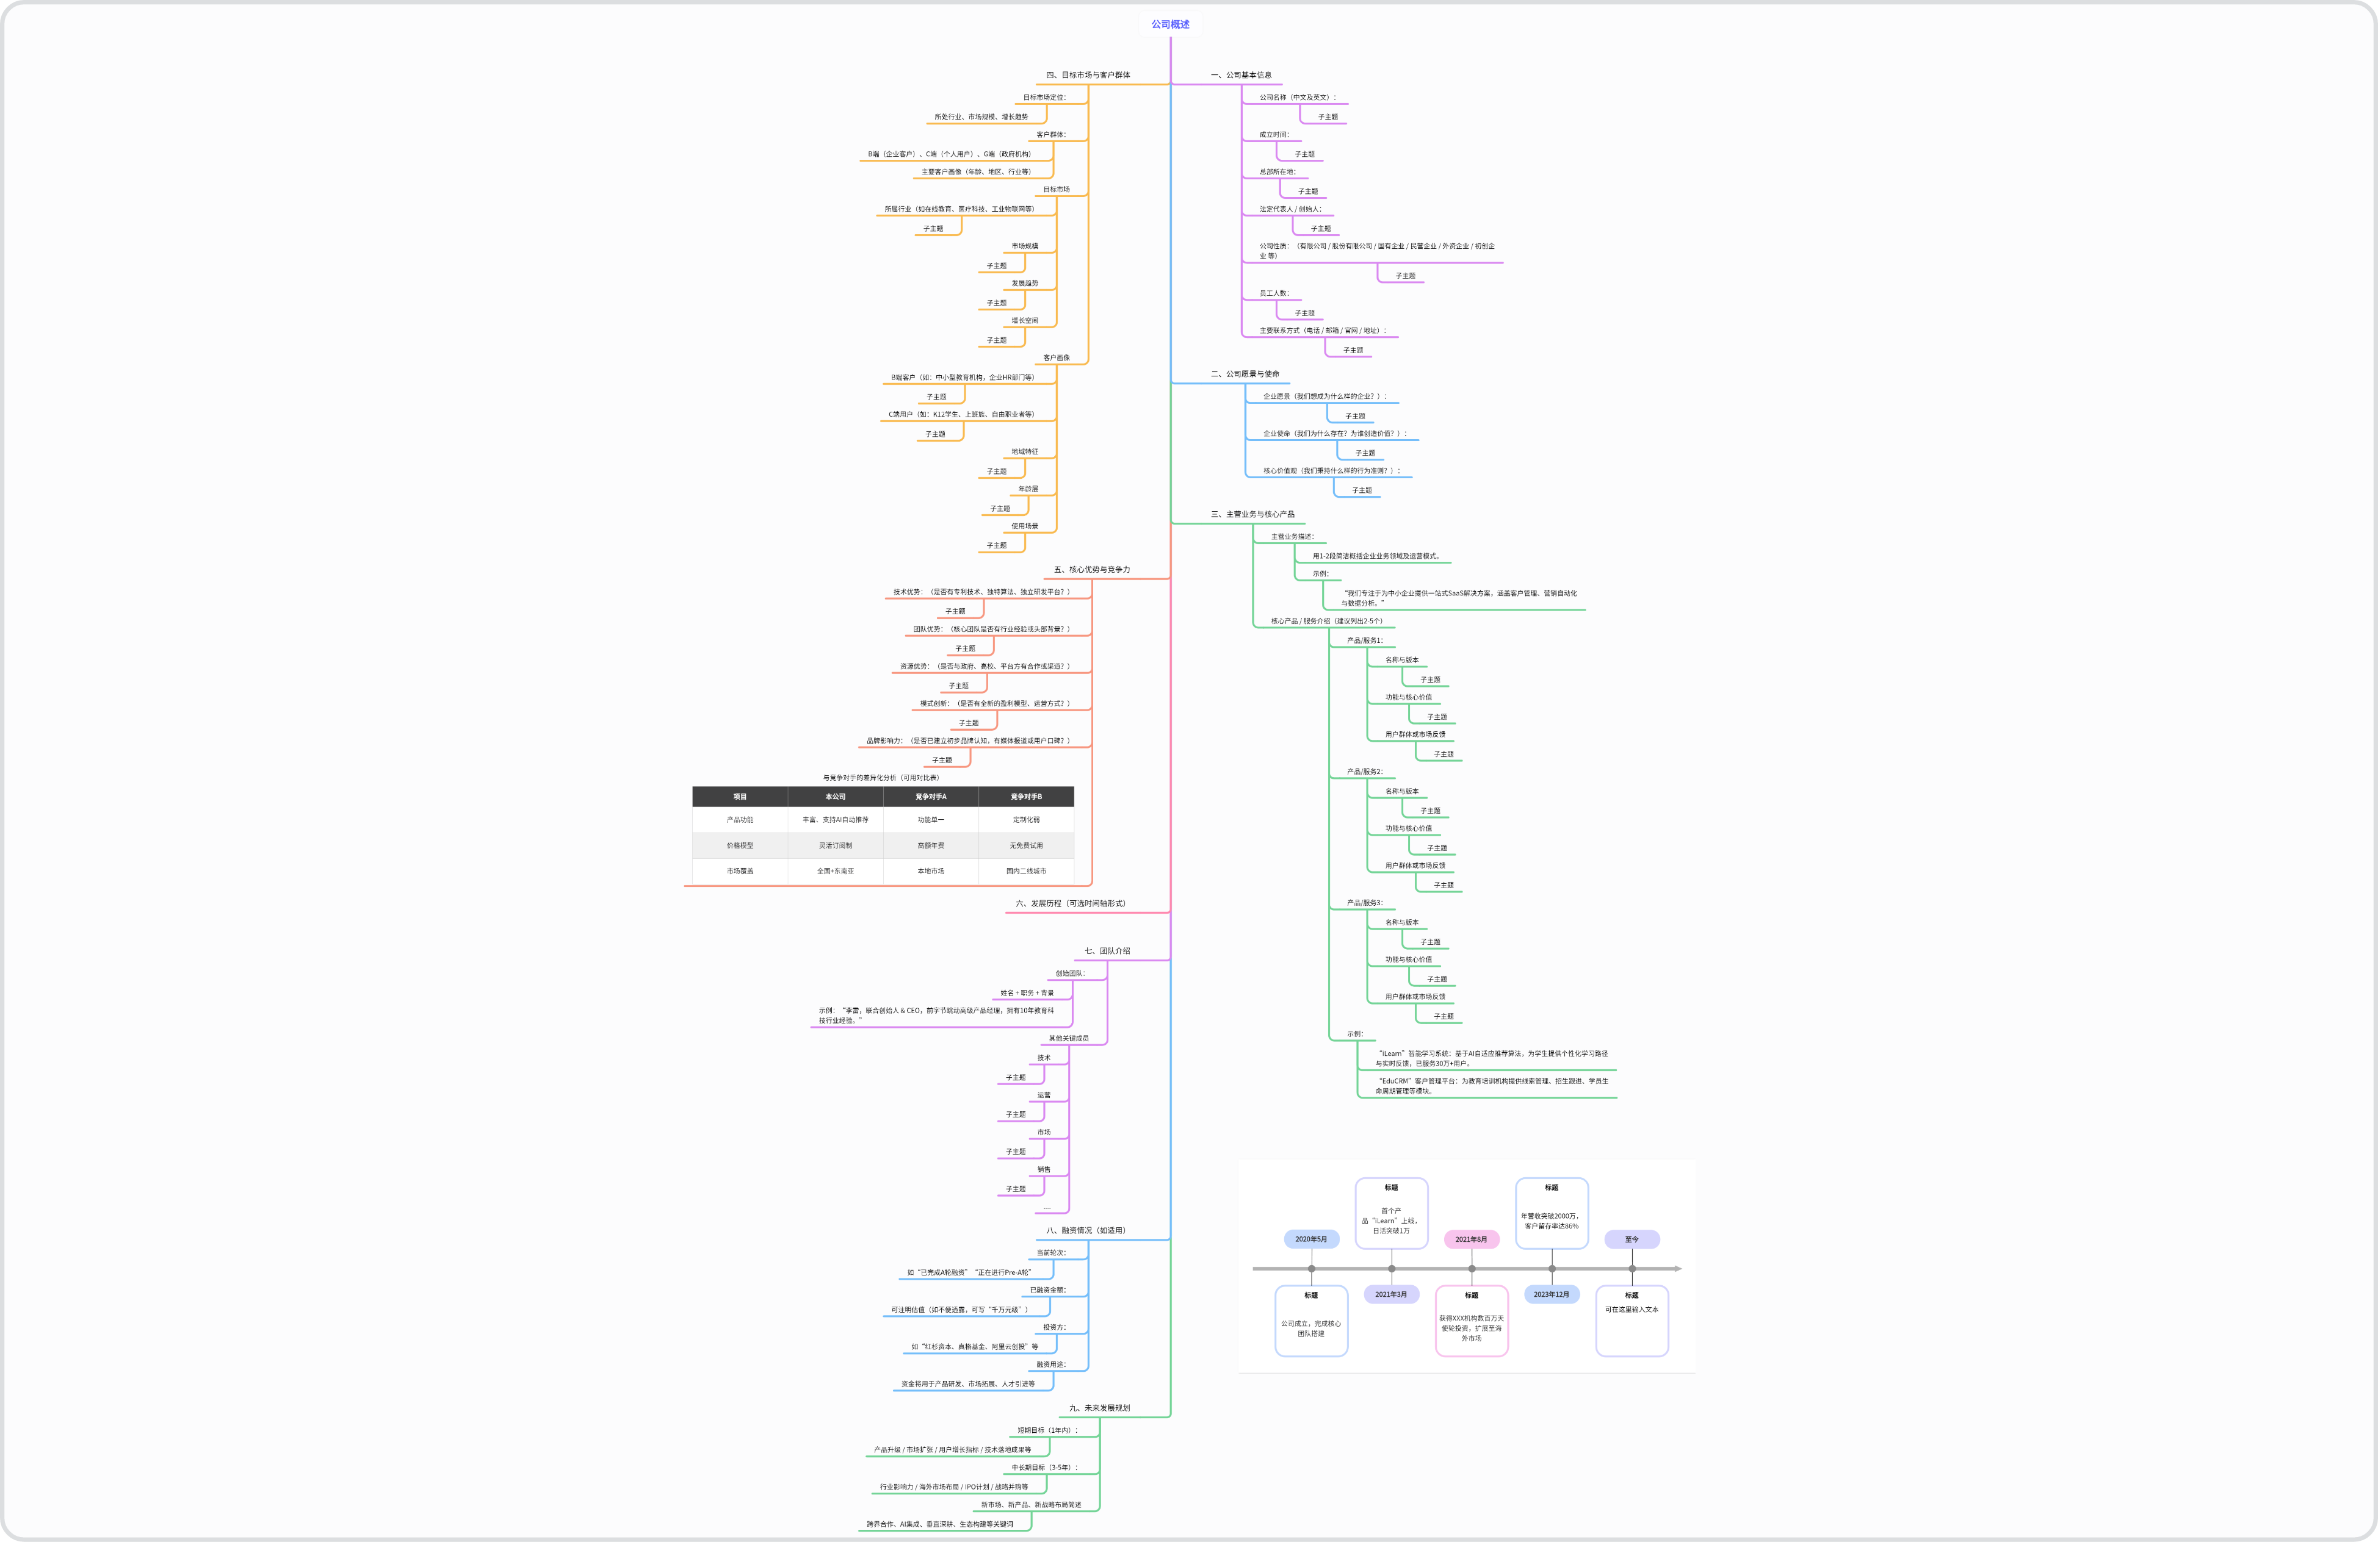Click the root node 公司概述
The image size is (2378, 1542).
coord(1170,24)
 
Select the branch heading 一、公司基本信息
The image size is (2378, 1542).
coord(1241,75)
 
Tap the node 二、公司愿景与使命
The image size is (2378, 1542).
coord(1245,373)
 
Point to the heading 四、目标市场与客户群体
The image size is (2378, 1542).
coord(1088,75)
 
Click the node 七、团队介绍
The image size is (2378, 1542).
coord(1107,951)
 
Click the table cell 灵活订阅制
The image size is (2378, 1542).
coord(836,845)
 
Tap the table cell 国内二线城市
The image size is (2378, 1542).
coord(1026,871)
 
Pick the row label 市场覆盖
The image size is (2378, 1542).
coord(739,871)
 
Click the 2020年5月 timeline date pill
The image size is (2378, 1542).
coord(1311,1239)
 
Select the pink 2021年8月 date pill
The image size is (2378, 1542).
coord(1471,1239)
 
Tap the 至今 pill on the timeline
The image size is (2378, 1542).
coord(1632,1239)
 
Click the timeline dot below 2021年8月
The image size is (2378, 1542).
coord(1472,1268)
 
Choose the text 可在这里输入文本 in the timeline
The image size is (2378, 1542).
coord(1632,1310)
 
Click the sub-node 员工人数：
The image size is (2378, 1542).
coord(1274,293)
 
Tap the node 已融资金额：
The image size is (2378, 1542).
coord(1048,1289)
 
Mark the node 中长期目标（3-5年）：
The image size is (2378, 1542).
coord(1045,1467)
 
